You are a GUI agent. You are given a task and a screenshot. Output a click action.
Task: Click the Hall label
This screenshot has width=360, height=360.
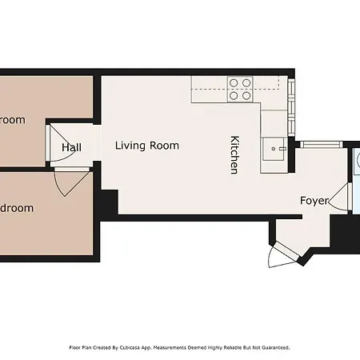click(71, 148)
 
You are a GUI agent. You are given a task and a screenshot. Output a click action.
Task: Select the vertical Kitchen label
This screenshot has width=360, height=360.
click(234, 154)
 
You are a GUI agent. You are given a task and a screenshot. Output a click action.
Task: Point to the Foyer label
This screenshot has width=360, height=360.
click(314, 201)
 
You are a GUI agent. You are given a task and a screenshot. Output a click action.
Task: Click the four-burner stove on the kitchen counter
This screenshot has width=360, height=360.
click(239, 89)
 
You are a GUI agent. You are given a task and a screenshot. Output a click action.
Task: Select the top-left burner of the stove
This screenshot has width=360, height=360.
click(234, 82)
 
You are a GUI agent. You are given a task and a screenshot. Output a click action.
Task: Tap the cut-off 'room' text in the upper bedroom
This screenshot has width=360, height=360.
click(13, 120)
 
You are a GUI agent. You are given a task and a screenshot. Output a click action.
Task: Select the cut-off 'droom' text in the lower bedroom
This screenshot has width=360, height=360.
click(17, 208)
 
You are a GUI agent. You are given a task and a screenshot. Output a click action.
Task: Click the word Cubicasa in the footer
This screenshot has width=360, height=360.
click(127, 348)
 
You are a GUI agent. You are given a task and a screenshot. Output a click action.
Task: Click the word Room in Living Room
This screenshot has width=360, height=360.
click(164, 146)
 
